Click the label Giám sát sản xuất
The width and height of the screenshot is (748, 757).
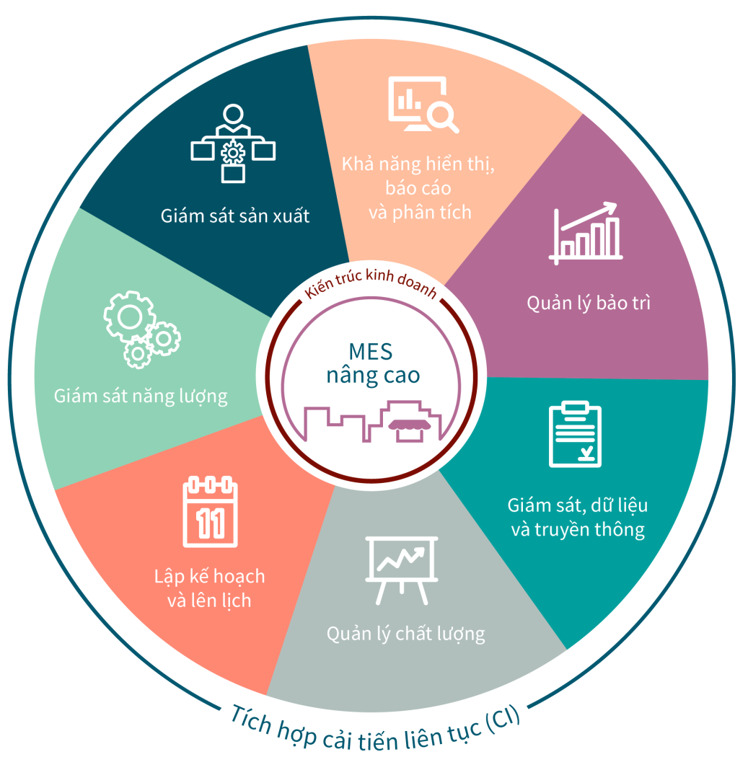(235, 216)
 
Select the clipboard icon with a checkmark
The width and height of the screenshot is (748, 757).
(575, 434)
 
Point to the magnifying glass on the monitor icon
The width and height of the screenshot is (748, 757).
(441, 115)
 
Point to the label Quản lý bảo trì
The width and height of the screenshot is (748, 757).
(589, 303)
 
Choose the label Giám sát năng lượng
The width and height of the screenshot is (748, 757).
(141, 396)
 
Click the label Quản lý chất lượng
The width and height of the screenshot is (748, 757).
(405, 634)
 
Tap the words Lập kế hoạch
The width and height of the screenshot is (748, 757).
(209, 577)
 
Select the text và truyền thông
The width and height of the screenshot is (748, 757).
(577, 529)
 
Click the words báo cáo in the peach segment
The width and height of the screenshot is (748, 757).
(418, 188)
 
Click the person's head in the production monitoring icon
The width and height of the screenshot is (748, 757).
(232, 115)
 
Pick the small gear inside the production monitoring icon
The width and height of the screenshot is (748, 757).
(232, 153)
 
